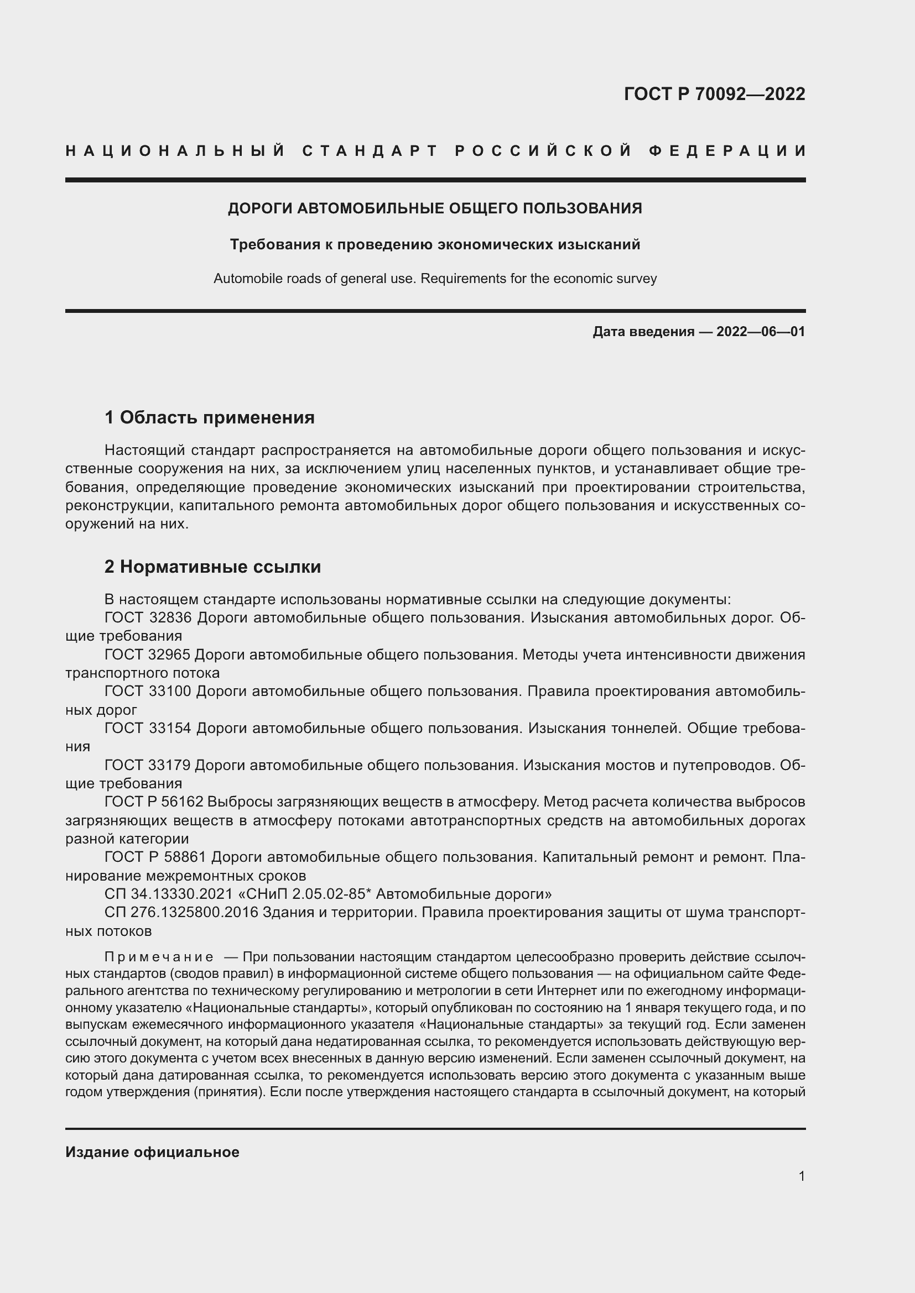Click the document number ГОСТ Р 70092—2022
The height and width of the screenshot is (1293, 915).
point(714,94)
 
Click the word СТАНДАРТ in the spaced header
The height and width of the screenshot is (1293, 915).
point(370,151)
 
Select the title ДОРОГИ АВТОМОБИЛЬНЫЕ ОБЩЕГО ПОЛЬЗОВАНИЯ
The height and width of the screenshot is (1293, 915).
point(434,208)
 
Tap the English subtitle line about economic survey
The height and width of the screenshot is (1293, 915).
point(434,279)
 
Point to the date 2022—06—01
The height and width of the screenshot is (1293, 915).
point(761,332)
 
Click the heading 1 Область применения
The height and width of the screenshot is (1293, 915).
point(209,417)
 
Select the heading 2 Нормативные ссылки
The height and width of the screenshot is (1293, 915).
point(212,567)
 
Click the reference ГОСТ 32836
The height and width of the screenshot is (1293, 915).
point(148,618)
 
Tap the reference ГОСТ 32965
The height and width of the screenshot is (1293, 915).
point(148,655)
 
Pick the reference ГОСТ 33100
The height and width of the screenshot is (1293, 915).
point(148,692)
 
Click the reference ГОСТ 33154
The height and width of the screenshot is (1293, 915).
point(148,728)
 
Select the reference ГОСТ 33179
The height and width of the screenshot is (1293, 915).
point(148,765)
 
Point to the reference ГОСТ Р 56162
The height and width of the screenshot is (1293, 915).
point(155,802)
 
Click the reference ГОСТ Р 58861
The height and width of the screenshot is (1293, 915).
point(155,857)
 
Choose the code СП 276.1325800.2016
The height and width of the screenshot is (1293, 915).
point(181,912)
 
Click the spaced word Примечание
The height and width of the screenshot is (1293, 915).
point(159,957)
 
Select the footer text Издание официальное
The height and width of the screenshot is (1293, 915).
point(152,1152)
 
